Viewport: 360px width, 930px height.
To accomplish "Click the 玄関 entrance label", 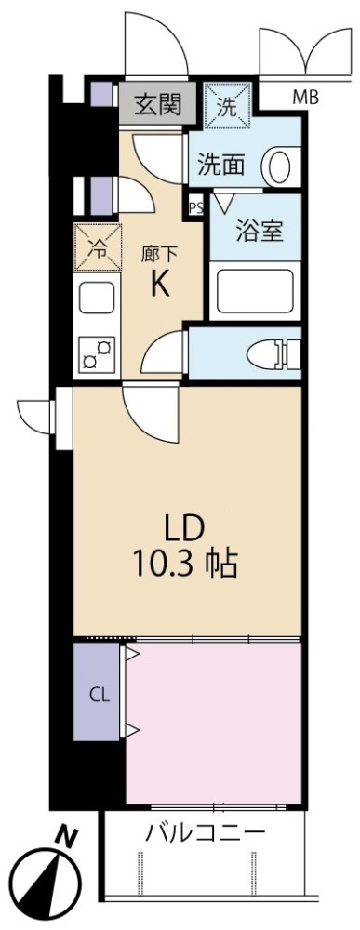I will tap(156, 104).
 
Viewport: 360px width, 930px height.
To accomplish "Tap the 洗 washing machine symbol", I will tap(228, 104).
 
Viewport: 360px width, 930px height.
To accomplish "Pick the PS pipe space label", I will tap(196, 208).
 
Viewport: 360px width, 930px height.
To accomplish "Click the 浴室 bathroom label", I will tap(259, 232).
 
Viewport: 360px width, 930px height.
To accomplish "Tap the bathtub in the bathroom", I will tap(256, 290).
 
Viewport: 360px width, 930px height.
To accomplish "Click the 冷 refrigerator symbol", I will tap(98, 247).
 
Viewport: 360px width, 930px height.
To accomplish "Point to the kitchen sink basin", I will tap(96, 298).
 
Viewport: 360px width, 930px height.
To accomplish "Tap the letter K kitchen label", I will tap(160, 285).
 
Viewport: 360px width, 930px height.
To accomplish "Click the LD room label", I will tap(185, 525).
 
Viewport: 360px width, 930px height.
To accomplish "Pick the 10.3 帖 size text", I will tap(185, 564).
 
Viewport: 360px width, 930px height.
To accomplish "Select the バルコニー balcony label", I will tap(205, 831).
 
